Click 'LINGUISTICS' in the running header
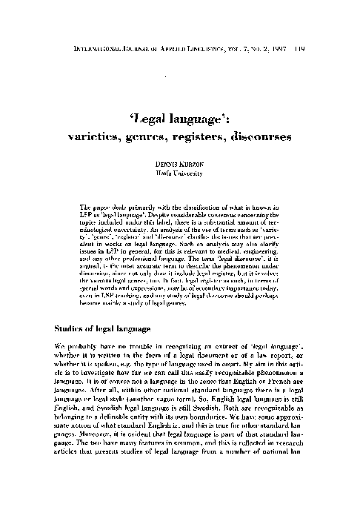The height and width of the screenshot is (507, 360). (x=231, y=9)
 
